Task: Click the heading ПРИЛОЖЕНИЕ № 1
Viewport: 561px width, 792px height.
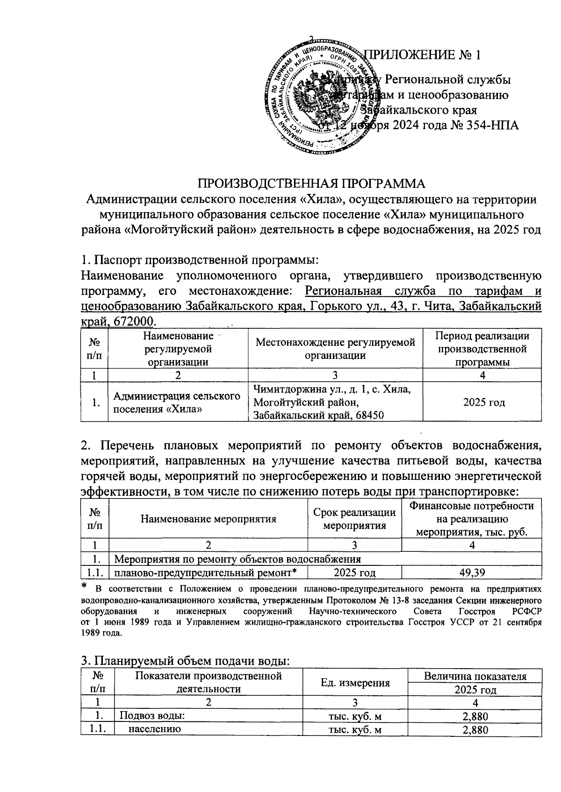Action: pyautogui.click(x=422, y=55)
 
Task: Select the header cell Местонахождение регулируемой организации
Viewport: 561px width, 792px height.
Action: pyautogui.click(x=335, y=349)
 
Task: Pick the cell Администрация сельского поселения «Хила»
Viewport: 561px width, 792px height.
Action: pyautogui.click(x=178, y=402)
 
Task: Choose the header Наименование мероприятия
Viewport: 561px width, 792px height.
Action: pyautogui.click(x=209, y=519)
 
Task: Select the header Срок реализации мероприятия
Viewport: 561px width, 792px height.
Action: pyautogui.click(x=354, y=519)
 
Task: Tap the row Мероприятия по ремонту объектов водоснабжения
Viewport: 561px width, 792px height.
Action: pyautogui.click(x=237, y=559)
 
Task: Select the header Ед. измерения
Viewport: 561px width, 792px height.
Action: pyautogui.click(x=355, y=683)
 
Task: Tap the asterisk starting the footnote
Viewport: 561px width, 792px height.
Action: pyautogui.click(x=84, y=586)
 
